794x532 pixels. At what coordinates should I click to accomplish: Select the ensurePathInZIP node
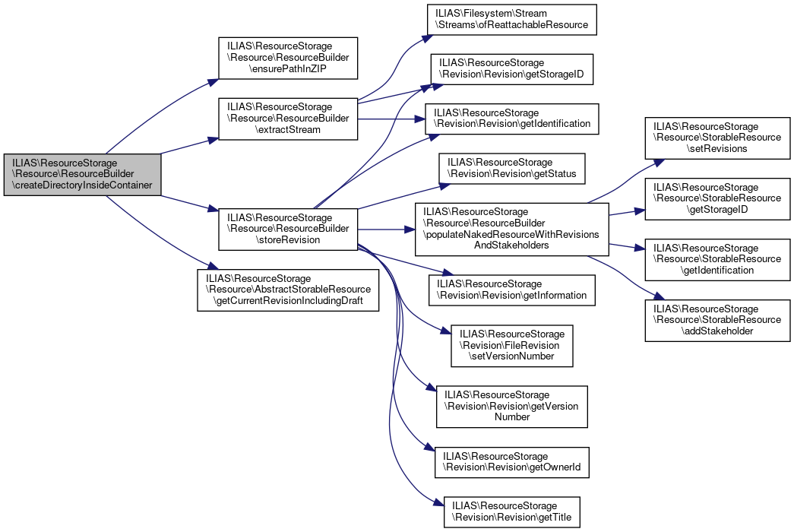click(288, 57)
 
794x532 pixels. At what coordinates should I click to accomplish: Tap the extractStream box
click(288, 119)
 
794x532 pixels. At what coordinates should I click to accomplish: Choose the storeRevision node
click(288, 229)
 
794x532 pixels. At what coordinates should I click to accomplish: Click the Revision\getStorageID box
click(512, 73)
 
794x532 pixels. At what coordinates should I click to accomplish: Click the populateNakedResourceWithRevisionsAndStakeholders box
click(511, 229)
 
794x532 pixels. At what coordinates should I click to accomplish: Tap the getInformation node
click(511, 290)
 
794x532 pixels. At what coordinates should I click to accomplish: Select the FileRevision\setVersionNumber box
click(511, 345)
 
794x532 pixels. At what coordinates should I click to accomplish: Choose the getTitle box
click(511, 511)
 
